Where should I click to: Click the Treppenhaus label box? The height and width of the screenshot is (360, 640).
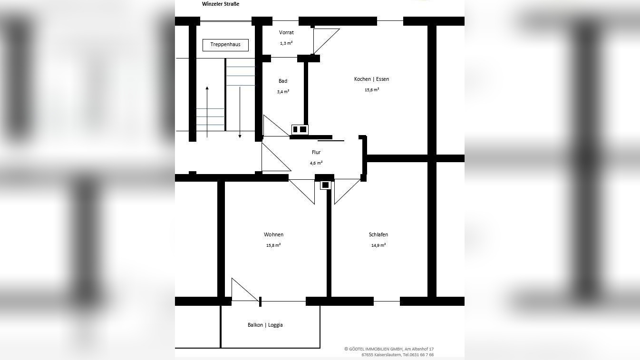[x=225, y=45]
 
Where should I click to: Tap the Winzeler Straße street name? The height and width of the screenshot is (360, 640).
[x=221, y=4]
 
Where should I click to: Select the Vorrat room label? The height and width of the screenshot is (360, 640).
[x=286, y=32]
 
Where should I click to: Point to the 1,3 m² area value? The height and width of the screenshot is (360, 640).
[x=286, y=43]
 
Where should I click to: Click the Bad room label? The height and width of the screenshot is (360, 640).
[x=283, y=81]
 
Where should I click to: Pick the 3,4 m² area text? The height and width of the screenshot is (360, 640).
[x=283, y=92]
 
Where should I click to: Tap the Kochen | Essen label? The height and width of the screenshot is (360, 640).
[x=371, y=79]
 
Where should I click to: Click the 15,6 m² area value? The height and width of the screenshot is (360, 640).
[x=372, y=90]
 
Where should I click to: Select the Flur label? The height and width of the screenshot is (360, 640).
[x=316, y=152]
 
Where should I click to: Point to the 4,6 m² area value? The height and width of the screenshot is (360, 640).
[x=316, y=163]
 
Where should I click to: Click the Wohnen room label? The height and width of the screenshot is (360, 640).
[x=274, y=234]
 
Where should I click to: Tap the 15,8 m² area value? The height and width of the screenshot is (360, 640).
[x=273, y=245]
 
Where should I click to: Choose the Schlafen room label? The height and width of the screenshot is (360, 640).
[x=378, y=234]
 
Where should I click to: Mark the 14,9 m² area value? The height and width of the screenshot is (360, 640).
[x=378, y=245]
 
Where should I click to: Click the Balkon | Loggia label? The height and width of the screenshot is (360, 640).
[x=265, y=325]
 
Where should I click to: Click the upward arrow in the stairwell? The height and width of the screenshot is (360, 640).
[x=207, y=112]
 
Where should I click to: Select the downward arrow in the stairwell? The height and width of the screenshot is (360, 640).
[x=240, y=113]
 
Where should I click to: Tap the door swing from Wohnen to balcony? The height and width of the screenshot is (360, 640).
[x=245, y=290]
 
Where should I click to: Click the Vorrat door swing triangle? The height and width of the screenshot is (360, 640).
[x=327, y=41]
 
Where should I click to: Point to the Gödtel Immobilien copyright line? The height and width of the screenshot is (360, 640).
[x=389, y=349]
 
